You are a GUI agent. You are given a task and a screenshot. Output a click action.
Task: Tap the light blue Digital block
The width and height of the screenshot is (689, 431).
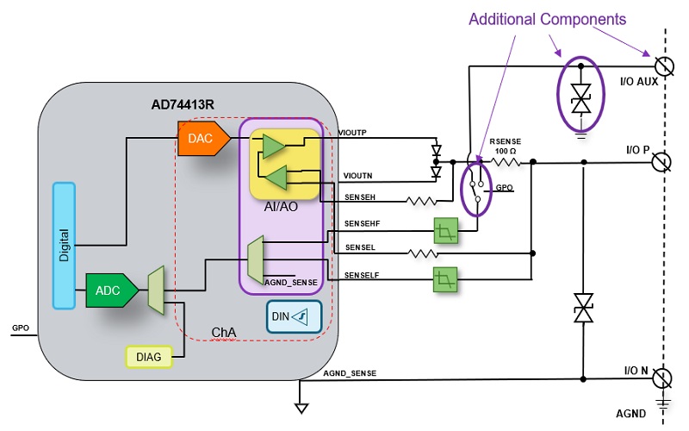[x=65, y=245]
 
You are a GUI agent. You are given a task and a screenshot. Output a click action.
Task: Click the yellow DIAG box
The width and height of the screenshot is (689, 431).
[x=148, y=354]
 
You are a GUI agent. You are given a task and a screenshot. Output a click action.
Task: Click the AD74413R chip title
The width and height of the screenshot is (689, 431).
[x=183, y=105]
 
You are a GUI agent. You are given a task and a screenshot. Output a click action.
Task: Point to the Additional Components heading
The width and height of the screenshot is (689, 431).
[x=547, y=18]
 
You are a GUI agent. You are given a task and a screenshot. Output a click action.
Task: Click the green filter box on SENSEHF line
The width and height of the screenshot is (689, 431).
[x=446, y=230]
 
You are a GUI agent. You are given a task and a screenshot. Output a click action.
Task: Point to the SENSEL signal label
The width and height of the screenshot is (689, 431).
[x=358, y=247]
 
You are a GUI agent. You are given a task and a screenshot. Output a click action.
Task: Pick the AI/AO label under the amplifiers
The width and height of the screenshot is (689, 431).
[x=282, y=208]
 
